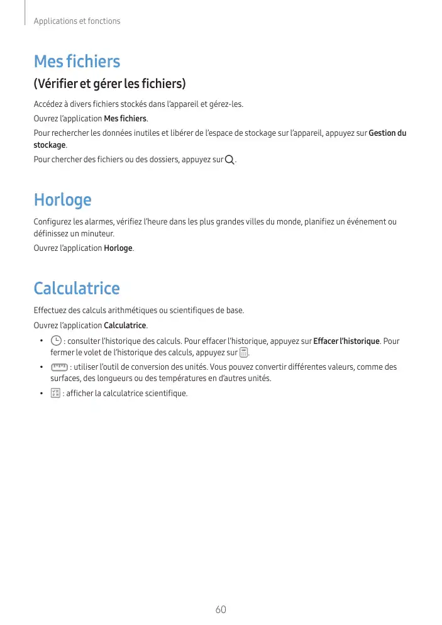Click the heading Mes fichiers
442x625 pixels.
(x=77, y=62)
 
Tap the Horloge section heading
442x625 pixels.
(x=62, y=200)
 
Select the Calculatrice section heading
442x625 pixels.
(x=76, y=289)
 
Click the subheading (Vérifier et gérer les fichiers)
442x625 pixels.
(x=110, y=84)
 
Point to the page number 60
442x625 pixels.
(x=220, y=610)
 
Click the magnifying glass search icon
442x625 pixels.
(x=229, y=160)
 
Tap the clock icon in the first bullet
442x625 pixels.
(x=56, y=341)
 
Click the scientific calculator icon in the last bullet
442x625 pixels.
(x=55, y=394)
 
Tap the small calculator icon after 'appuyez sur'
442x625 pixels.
(x=243, y=353)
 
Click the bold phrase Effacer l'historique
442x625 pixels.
(x=346, y=341)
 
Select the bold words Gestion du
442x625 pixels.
(x=387, y=133)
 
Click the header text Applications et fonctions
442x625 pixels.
(x=77, y=21)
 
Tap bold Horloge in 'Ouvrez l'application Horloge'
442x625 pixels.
(x=118, y=248)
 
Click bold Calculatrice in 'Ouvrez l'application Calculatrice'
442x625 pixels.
(x=124, y=326)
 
